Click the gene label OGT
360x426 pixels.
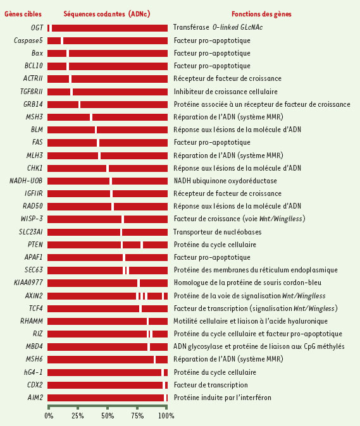[x=37, y=28]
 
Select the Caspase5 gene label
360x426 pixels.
[x=28, y=40]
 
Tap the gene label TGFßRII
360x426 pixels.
[x=31, y=92]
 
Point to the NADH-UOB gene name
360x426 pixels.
[x=26, y=181]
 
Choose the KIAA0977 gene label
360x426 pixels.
[x=28, y=283]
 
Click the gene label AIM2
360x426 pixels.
[x=35, y=398]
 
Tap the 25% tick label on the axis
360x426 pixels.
[x=77, y=416]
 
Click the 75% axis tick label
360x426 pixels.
[x=137, y=416]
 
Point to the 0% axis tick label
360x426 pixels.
[x=49, y=416]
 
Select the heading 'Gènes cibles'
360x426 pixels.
[x=23, y=14]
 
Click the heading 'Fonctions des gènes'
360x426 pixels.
[x=261, y=14]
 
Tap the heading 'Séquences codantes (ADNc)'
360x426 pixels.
[x=106, y=14]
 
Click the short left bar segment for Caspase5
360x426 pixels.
[x=54, y=40]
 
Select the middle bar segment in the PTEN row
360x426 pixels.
[x=132, y=245]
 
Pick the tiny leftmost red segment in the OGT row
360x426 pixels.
[x=48, y=28]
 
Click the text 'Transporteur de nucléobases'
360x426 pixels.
[x=218, y=232]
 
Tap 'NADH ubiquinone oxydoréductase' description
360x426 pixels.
[x=225, y=181]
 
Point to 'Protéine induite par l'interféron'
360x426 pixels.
[x=223, y=398]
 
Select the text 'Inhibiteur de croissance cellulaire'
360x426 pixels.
[x=226, y=92]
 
